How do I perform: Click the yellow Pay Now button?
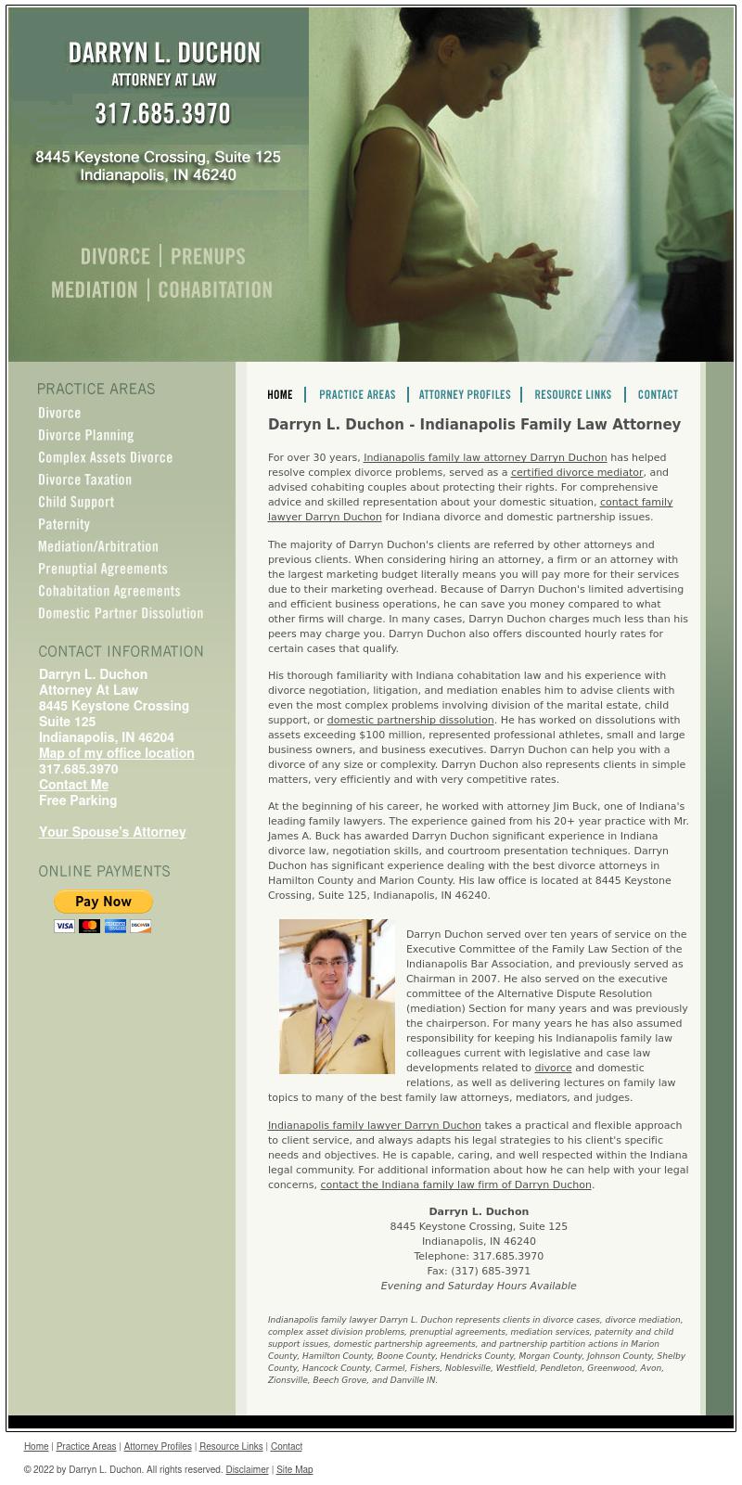click(x=103, y=902)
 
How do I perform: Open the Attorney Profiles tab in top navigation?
click(x=465, y=395)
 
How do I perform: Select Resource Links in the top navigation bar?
click(x=573, y=395)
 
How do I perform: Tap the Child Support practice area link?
click(x=76, y=502)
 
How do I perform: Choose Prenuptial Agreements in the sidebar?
click(x=103, y=569)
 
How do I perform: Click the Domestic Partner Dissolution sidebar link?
click(x=121, y=613)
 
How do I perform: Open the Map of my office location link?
click(x=117, y=753)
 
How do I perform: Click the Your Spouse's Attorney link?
click(x=112, y=832)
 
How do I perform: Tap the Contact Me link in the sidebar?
click(x=73, y=785)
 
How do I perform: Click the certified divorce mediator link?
click(x=577, y=472)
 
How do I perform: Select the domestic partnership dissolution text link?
click(x=410, y=720)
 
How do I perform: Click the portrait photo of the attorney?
click(x=337, y=996)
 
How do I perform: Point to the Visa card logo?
click(x=64, y=926)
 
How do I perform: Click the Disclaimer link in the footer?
click(x=247, y=1469)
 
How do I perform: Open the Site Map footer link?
click(x=294, y=1469)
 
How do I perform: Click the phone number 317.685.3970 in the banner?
click(x=163, y=114)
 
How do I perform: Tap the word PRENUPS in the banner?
click(x=208, y=256)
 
